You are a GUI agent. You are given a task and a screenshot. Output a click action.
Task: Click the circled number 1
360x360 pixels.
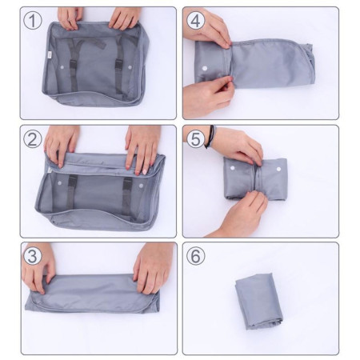pyautogui.click(x=33, y=21)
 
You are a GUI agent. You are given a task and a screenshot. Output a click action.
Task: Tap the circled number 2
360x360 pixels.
pyautogui.click(x=33, y=138)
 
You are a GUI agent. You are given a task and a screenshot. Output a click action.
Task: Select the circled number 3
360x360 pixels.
pyautogui.click(x=33, y=257)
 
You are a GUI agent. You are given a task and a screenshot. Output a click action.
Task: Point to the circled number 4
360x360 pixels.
pyautogui.click(x=196, y=21)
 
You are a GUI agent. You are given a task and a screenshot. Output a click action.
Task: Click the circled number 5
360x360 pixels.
pyautogui.click(x=196, y=138)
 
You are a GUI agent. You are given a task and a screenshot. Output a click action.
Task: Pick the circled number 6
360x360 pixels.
pyautogui.click(x=196, y=257)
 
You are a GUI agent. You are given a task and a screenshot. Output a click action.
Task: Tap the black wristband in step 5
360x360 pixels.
pyautogui.click(x=210, y=137)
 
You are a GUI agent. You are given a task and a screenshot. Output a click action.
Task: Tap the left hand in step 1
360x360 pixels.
pyautogui.click(x=70, y=16)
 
